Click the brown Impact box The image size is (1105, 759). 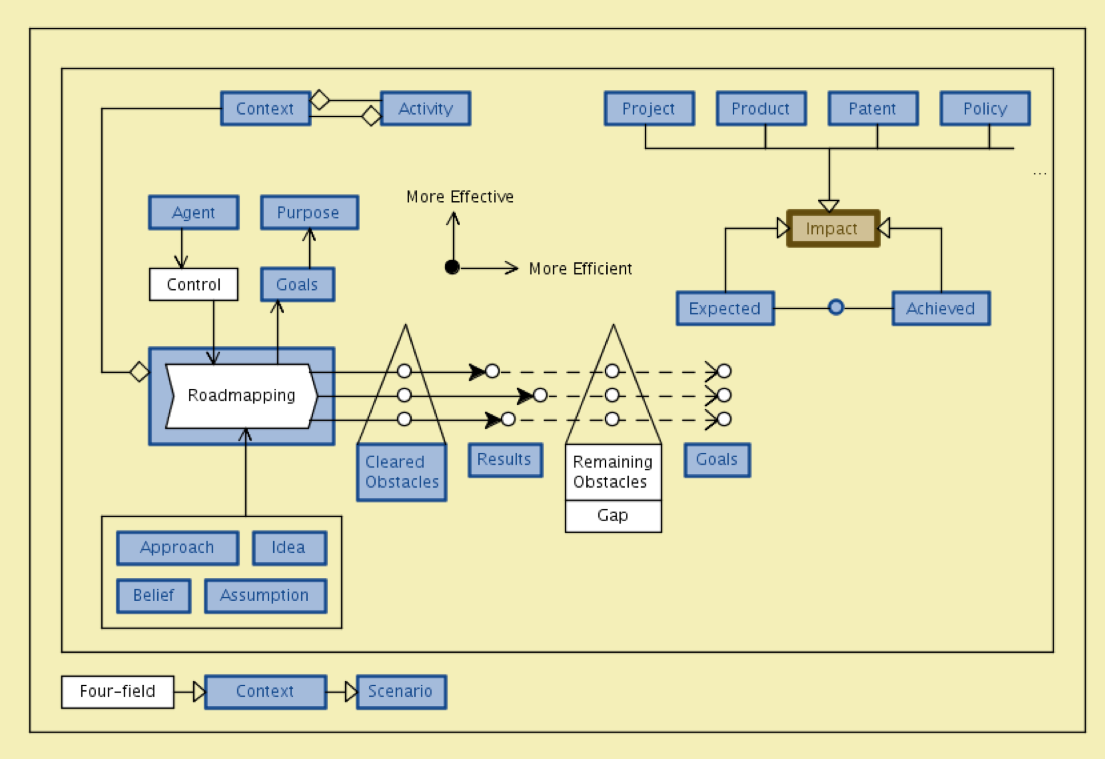point(833,229)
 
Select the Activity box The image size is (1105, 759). point(425,108)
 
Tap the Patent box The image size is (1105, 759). point(873,108)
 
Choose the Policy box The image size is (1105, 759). point(985,108)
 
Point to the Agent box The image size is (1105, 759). point(193,212)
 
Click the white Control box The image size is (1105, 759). point(193,284)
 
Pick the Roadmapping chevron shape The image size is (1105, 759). point(241,396)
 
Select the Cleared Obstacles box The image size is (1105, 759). point(402,472)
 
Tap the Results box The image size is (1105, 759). point(505,460)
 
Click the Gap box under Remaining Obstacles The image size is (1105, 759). point(613,516)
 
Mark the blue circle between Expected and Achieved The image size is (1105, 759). point(836,308)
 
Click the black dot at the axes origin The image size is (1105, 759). point(452,267)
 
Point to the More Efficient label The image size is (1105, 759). point(580,269)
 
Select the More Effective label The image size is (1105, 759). point(460,197)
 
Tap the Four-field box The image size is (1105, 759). point(117,692)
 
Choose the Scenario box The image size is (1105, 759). point(401,692)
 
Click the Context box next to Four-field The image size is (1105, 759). point(265,692)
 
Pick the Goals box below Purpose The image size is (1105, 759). point(297,284)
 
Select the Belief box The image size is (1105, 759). point(153,595)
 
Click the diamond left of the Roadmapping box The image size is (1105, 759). point(140,372)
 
